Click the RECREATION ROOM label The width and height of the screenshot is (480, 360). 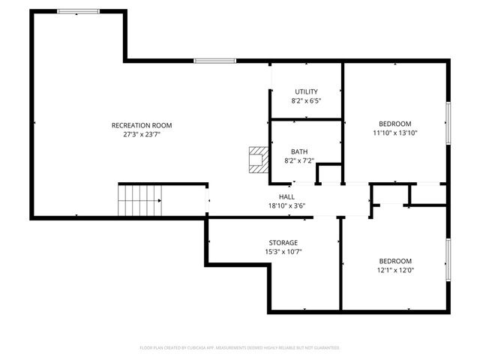click(x=142, y=125)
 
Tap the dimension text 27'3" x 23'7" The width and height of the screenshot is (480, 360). click(x=142, y=135)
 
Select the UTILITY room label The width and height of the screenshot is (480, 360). click(x=306, y=91)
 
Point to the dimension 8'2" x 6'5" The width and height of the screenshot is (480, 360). click(x=306, y=100)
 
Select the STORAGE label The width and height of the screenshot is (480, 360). click(x=283, y=242)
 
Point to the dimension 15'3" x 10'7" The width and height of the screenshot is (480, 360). click(x=283, y=252)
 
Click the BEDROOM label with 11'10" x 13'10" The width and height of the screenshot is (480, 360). click(x=394, y=124)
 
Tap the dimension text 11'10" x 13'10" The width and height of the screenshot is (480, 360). click(x=394, y=133)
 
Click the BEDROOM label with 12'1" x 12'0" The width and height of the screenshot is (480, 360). click(x=394, y=261)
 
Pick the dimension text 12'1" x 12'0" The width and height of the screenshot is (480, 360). click(x=394, y=270)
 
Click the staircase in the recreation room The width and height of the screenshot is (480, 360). click(x=139, y=200)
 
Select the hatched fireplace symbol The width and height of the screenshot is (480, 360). click(x=257, y=160)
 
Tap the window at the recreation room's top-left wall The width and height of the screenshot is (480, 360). click(x=78, y=11)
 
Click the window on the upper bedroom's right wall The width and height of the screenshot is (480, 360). click(x=448, y=124)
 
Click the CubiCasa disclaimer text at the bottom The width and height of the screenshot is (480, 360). click(x=240, y=348)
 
